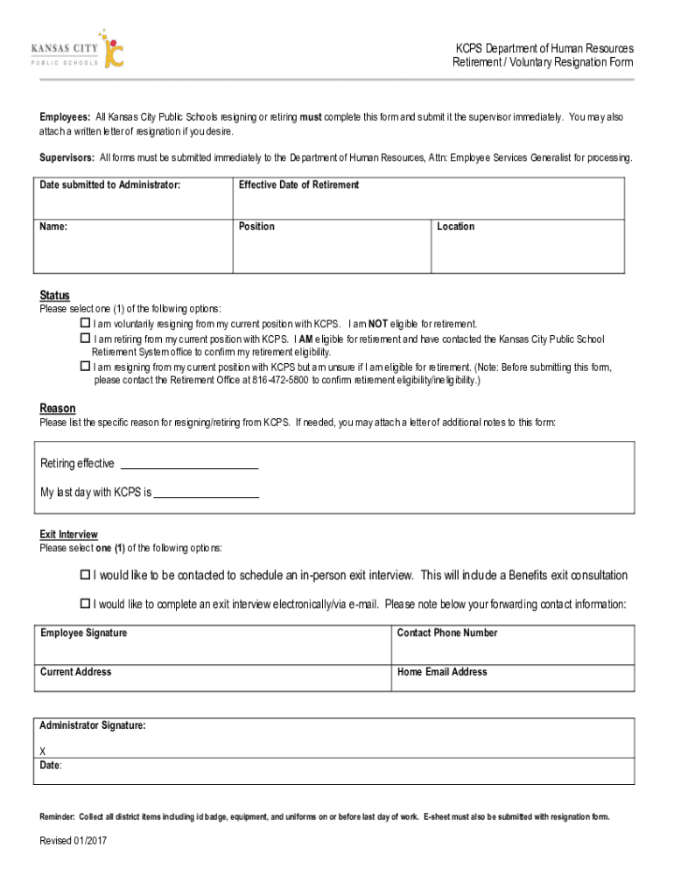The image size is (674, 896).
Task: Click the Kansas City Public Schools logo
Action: pos(78,49)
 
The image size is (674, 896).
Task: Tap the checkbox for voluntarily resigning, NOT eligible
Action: pos(86,323)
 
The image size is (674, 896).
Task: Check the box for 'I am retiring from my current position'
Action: pos(86,338)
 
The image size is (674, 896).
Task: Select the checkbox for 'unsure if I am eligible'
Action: pos(86,367)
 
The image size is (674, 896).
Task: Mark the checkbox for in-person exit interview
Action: pos(86,575)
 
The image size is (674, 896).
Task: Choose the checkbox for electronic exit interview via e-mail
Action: pos(86,604)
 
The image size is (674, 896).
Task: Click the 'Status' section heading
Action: pos(54,296)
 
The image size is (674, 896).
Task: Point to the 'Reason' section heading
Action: pos(58,409)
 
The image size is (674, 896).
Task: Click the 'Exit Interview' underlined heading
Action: pos(68,535)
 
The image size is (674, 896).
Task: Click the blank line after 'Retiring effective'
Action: pos(188,465)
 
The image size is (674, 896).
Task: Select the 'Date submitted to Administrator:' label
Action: pos(110,185)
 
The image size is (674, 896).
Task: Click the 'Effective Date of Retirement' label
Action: pos(298,185)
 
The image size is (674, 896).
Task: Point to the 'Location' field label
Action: pos(456,227)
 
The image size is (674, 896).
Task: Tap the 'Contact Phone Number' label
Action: pos(447,633)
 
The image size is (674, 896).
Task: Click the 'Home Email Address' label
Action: pos(442,672)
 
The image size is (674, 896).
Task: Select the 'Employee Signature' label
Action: pos(83,633)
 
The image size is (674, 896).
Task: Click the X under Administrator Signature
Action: pos(44,752)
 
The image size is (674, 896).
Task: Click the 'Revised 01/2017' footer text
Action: pos(74,841)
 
